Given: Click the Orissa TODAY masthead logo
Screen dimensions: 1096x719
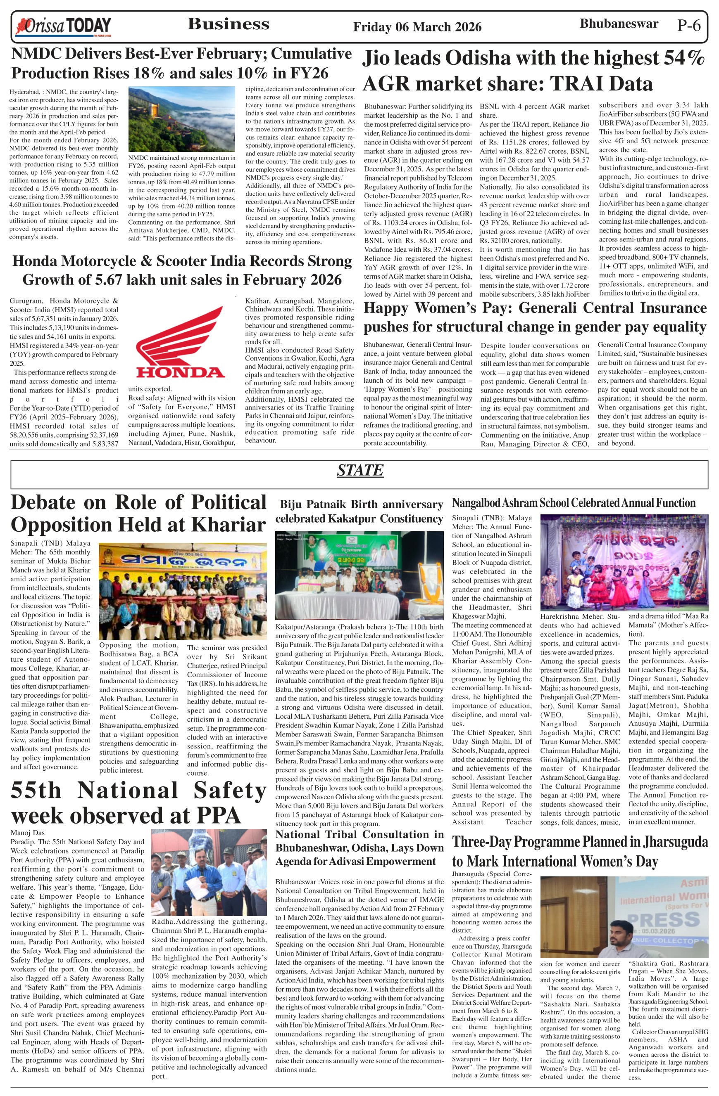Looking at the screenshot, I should (x=63, y=26).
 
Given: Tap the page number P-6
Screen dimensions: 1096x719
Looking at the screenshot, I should (x=688, y=25).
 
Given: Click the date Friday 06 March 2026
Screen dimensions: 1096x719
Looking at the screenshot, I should (x=417, y=27).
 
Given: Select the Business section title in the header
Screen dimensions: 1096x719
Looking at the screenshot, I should (x=228, y=24).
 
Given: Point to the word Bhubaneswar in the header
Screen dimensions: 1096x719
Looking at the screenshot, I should (x=619, y=24).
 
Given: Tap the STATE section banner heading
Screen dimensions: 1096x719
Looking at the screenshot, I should (x=359, y=470).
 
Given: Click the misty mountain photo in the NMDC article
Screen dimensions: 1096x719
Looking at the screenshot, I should (x=181, y=119).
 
